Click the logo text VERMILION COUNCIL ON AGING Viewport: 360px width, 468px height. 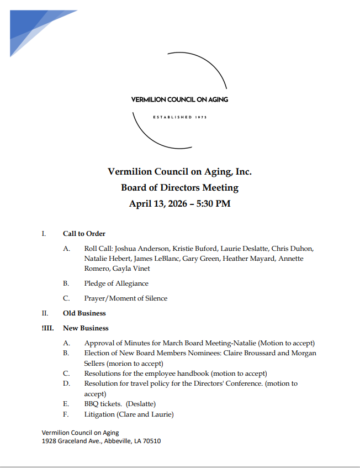click(x=179, y=100)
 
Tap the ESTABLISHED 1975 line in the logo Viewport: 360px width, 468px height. click(x=179, y=117)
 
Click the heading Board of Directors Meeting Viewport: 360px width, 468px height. click(x=179, y=187)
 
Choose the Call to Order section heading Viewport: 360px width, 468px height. click(x=84, y=234)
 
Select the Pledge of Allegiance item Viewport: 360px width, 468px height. click(x=116, y=283)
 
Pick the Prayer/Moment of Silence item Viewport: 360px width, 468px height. click(x=125, y=298)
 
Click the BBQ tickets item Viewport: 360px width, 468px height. click(x=103, y=404)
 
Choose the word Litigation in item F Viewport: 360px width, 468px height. click(x=99, y=414)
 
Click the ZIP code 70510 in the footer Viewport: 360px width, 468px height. click(x=152, y=441)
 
